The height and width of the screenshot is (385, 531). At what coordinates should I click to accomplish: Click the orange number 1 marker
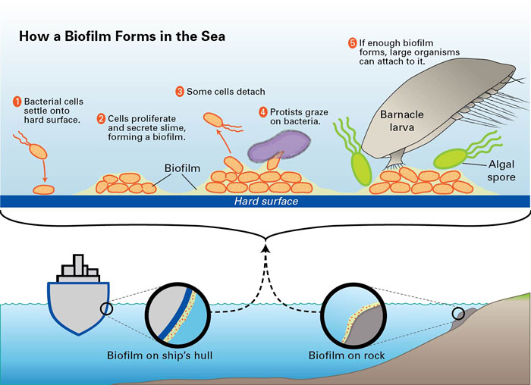17,102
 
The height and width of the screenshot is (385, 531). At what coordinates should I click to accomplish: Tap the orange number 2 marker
101,119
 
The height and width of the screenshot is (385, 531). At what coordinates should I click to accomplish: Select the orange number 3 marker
180,92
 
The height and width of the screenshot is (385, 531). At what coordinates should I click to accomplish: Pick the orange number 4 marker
263,112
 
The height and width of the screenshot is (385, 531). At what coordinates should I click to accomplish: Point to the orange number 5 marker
353,43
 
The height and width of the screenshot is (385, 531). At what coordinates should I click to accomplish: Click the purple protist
278,146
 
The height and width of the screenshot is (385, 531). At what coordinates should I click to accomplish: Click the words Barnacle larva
401,121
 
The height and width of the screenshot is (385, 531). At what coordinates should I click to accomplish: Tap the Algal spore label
501,171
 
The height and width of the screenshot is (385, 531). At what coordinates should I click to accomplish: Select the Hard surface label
266,202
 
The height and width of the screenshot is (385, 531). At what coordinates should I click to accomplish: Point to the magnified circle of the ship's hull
178,315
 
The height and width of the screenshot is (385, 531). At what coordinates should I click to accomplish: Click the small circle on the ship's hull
106,308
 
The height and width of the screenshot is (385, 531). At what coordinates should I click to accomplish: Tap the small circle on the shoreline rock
458,314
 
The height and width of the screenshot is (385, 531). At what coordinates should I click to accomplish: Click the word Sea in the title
213,36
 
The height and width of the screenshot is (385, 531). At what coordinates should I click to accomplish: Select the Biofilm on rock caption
347,355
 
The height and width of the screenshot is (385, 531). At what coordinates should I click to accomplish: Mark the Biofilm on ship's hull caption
160,355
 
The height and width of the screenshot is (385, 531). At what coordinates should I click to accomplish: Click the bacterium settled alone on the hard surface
44,189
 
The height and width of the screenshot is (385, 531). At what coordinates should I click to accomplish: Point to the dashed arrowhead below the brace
266,249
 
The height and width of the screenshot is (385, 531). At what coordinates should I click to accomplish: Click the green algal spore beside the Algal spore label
451,158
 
